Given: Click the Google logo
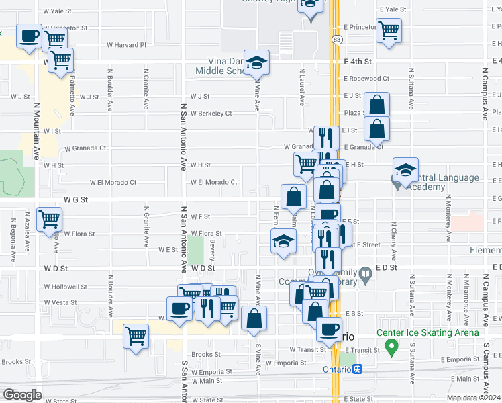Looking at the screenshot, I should click(21, 395).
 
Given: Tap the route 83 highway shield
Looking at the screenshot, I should click(335, 40).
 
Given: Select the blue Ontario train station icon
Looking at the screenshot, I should click(358, 369).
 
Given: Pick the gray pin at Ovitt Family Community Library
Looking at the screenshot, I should click(365, 273).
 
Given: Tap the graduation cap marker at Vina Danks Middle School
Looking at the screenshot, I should click(255, 64).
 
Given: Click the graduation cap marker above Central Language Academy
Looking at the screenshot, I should click(405, 171).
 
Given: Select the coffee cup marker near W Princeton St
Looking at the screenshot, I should click(29, 36).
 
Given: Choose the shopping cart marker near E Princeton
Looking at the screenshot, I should click(389, 30).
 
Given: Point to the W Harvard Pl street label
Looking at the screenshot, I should click(126, 45).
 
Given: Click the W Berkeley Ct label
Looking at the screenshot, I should click(211, 114).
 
